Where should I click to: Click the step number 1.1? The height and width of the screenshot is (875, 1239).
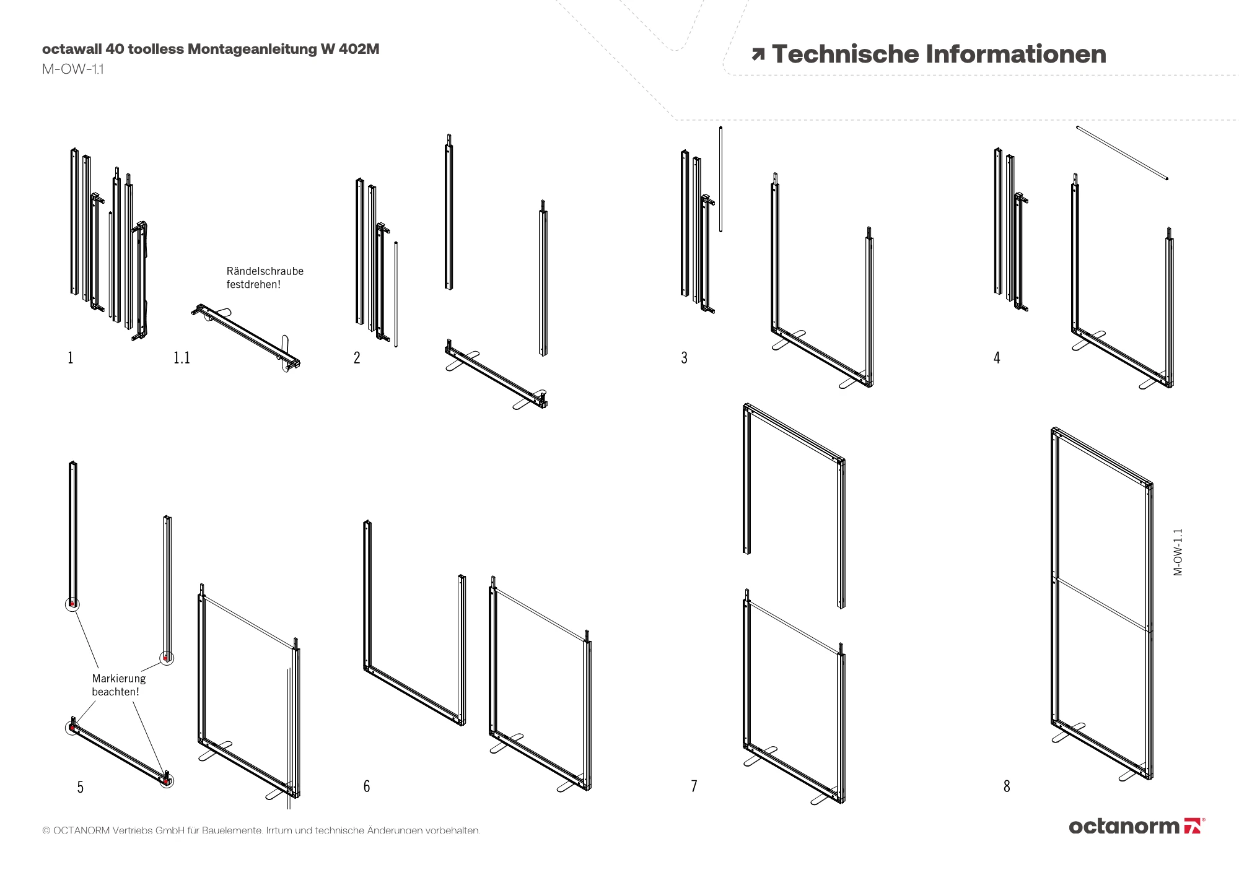pyautogui.click(x=182, y=357)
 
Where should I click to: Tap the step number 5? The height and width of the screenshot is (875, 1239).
pyautogui.click(x=80, y=786)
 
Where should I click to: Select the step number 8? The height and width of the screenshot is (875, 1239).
pyautogui.click(x=1007, y=786)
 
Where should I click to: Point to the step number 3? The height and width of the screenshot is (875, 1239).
pyautogui.click(x=684, y=357)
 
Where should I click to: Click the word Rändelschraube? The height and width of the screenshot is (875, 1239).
pyautogui.click(x=265, y=271)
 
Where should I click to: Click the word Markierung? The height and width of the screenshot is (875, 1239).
pyautogui.click(x=119, y=679)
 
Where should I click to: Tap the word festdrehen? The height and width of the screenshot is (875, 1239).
pyautogui.click(x=253, y=285)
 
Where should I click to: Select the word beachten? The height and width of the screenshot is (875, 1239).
pyautogui.click(x=116, y=692)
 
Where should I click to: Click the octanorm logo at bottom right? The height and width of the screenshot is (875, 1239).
pyautogui.click(x=1136, y=826)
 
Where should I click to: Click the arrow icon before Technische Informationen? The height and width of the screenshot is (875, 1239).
pyautogui.click(x=758, y=54)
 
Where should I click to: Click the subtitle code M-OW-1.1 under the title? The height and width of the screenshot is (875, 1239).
pyautogui.click(x=73, y=69)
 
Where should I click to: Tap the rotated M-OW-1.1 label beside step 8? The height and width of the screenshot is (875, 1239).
pyautogui.click(x=1178, y=552)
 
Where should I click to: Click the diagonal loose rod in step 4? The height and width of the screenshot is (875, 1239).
pyautogui.click(x=1122, y=153)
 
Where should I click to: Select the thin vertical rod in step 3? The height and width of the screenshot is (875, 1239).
pyautogui.click(x=720, y=179)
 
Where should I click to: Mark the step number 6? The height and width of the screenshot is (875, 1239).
pyautogui.click(x=367, y=786)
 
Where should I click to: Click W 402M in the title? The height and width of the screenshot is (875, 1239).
pyautogui.click(x=350, y=49)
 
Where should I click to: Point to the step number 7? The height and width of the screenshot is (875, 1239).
pyautogui.click(x=694, y=786)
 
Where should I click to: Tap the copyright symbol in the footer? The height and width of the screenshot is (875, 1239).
pyautogui.click(x=46, y=830)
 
